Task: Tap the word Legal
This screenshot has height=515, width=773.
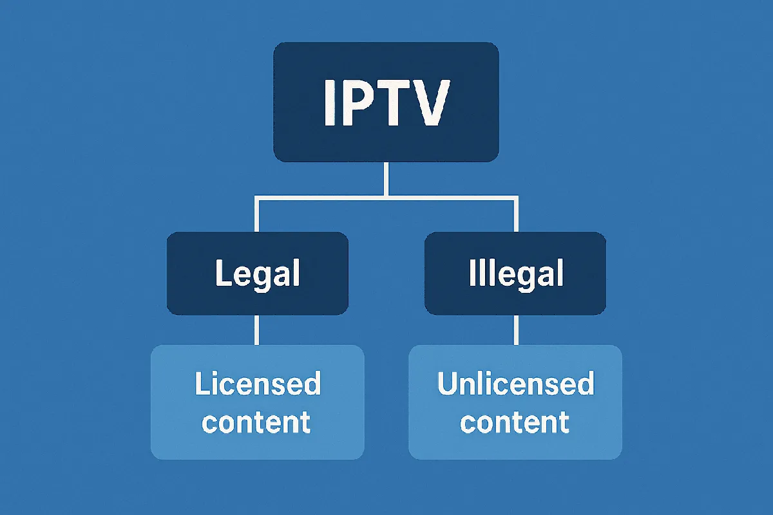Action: tap(257, 274)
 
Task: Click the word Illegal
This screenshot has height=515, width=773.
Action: tap(515, 274)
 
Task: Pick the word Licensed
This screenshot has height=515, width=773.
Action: tap(258, 384)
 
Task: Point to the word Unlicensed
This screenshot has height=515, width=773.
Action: tap(515, 384)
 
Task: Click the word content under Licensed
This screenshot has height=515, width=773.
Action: tap(256, 422)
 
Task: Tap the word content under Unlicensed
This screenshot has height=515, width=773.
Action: tap(515, 422)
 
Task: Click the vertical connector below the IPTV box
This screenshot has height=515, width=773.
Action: tap(386, 178)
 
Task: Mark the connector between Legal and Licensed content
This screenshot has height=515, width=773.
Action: tap(258, 330)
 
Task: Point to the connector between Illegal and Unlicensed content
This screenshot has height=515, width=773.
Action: tap(515, 330)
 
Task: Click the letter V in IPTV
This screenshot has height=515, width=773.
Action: tap(424, 104)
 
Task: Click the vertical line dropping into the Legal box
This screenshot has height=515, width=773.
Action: tap(258, 216)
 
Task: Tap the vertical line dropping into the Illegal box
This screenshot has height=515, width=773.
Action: tap(515, 216)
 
